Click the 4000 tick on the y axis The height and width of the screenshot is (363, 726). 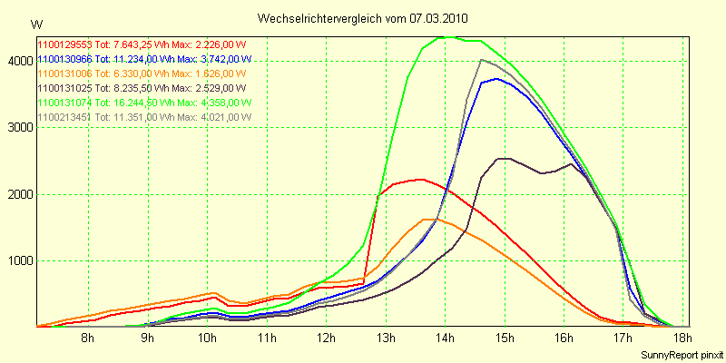(18, 61)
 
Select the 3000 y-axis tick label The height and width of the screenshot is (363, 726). (18, 128)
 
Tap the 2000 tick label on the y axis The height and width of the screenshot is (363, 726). (18, 194)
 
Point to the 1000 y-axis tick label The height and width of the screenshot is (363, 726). (18, 261)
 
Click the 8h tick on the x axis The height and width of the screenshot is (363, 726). (88, 338)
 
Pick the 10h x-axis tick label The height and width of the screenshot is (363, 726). (207, 338)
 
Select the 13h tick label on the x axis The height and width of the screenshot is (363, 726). (386, 338)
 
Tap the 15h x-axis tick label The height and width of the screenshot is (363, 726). (505, 338)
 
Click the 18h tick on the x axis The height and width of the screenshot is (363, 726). (682, 338)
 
